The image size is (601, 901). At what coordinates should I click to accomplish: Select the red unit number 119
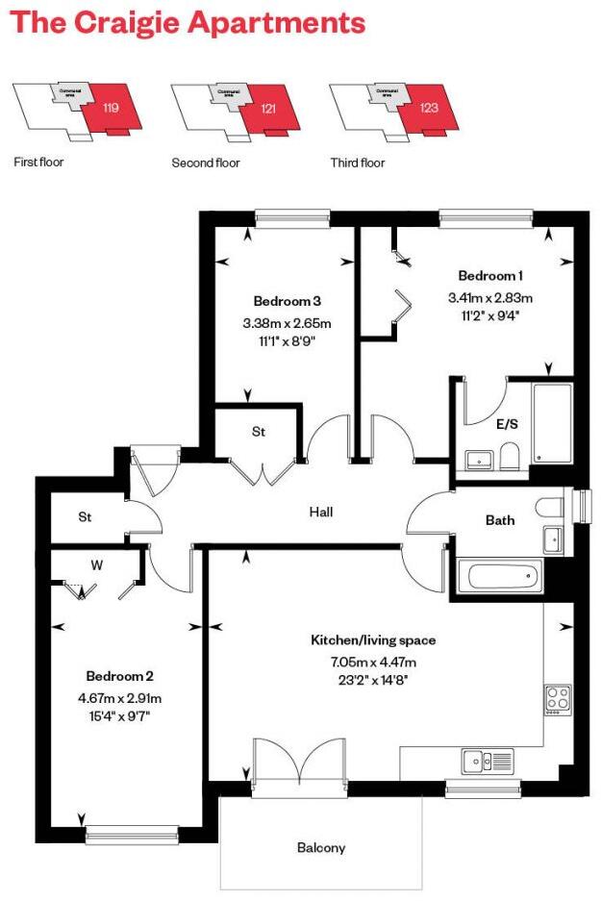[x=111, y=110]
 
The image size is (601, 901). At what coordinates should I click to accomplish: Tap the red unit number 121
[x=268, y=110]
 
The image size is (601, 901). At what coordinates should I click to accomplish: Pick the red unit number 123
[x=429, y=109]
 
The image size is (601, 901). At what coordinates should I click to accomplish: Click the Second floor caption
[x=206, y=163]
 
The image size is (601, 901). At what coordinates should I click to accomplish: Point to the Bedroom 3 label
[x=288, y=301]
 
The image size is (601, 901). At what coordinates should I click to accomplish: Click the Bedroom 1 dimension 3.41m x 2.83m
[x=489, y=297]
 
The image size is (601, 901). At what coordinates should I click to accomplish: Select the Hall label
[x=321, y=513]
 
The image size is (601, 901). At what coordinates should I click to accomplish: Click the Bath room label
[x=500, y=520]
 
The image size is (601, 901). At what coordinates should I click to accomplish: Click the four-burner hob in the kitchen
[x=558, y=699]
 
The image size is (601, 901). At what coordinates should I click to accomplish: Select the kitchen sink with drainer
[x=490, y=761]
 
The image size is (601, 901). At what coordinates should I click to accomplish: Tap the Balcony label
[x=321, y=848]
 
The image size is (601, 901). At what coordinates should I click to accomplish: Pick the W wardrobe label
[x=96, y=565]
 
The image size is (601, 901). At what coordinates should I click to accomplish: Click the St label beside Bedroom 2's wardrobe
[x=85, y=517]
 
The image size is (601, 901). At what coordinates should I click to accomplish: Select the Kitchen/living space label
[x=373, y=640]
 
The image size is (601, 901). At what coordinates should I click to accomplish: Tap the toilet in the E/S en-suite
[x=510, y=456]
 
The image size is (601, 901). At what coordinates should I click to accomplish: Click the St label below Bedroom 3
[x=259, y=433]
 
